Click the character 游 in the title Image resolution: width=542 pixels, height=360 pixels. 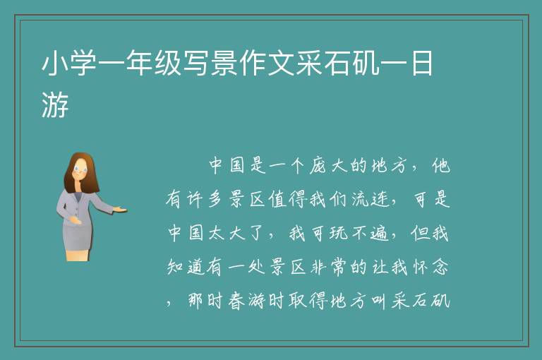pos(55,104)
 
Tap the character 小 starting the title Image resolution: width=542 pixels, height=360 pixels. pos(55,63)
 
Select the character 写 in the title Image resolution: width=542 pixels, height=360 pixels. pos(196,63)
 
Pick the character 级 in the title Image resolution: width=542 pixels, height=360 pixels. pos(168,63)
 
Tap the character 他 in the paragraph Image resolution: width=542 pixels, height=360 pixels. pos(440,165)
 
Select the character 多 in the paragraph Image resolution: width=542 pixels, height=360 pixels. pos(215,199)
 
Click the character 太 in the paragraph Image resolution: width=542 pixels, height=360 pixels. pos(216,233)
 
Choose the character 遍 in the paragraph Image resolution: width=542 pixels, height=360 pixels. pos(379,233)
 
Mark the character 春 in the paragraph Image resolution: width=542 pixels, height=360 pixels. pos(236,300)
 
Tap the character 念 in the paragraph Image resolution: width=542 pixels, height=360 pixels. pos(440,267)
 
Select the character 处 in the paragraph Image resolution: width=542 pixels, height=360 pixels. pos(256,267)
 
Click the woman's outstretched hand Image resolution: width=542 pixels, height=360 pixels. pos(120,209)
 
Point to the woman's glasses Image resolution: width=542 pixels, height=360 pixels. pos(80,169)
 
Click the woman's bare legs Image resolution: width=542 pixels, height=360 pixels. pos(78,255)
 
